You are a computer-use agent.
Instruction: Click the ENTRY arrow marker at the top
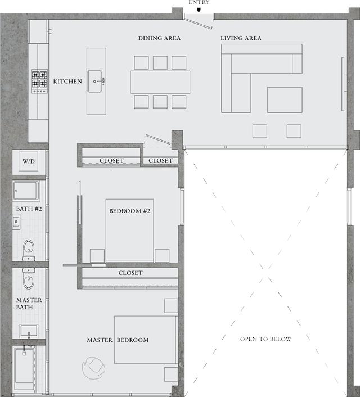pos(199,10)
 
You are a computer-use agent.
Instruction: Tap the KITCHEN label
pos(67,82)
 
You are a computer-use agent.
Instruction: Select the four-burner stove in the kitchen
pos(39,82)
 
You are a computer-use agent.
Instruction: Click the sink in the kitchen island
pos(96,82)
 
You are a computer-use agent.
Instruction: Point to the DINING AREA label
pos(159,38)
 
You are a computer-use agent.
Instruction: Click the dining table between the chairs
pos(160,82)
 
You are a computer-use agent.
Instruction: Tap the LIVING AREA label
pos(241,38)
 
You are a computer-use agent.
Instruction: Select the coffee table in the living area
pos(285,100)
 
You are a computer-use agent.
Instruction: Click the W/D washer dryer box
pos(28,161)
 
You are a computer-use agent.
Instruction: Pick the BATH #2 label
pos(29,209)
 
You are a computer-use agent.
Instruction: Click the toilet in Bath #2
pos(29,250)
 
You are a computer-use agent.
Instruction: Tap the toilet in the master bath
pos(29,278)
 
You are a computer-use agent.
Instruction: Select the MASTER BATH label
pos(29,304)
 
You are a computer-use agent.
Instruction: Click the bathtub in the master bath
pos(24,368)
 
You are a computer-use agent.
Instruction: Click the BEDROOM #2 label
pos(130,211)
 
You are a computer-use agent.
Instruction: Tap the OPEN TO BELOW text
pos(265,339)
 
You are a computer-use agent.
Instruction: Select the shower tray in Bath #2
pos(26,191)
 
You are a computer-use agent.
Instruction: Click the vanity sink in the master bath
pos(29,331)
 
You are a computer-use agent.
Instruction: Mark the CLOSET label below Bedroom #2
pos(130,273)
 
